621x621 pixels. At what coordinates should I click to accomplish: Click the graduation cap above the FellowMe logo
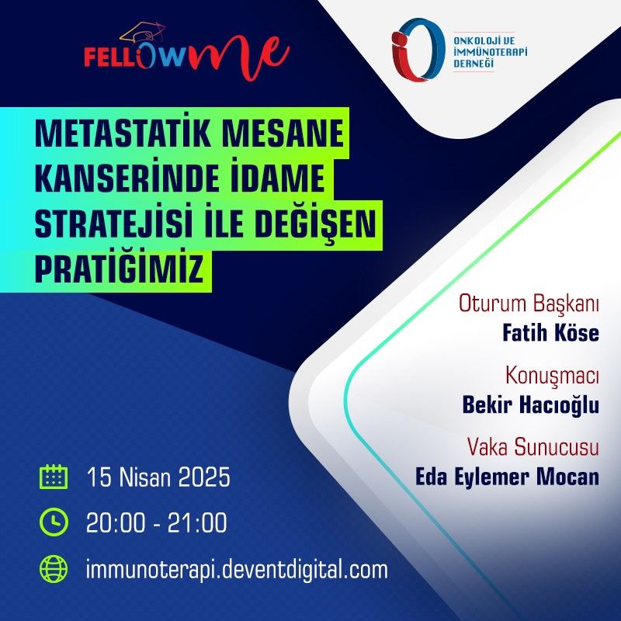point(143,32)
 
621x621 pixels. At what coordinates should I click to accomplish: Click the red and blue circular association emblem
point(417,50)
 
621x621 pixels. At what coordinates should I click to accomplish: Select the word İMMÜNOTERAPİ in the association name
point(491,51)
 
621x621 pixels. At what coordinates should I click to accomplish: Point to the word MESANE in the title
point(283,134)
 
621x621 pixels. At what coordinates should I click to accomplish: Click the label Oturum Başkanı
point(529,304)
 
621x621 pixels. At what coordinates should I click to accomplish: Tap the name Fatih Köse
point(551,333)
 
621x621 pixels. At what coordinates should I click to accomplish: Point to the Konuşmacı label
point(552,376)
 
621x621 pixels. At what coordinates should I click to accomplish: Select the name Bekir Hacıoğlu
point(531,405)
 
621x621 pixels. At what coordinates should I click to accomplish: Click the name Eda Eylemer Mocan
point(507,477)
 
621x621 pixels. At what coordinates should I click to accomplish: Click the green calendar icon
point(54,477)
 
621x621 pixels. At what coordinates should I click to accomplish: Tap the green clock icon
point(54,522)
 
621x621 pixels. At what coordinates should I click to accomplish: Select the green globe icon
point(54,569)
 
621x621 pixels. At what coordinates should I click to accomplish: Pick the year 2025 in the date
point(204,477)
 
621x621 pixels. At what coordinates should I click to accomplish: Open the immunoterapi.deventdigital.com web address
point(237,570)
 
